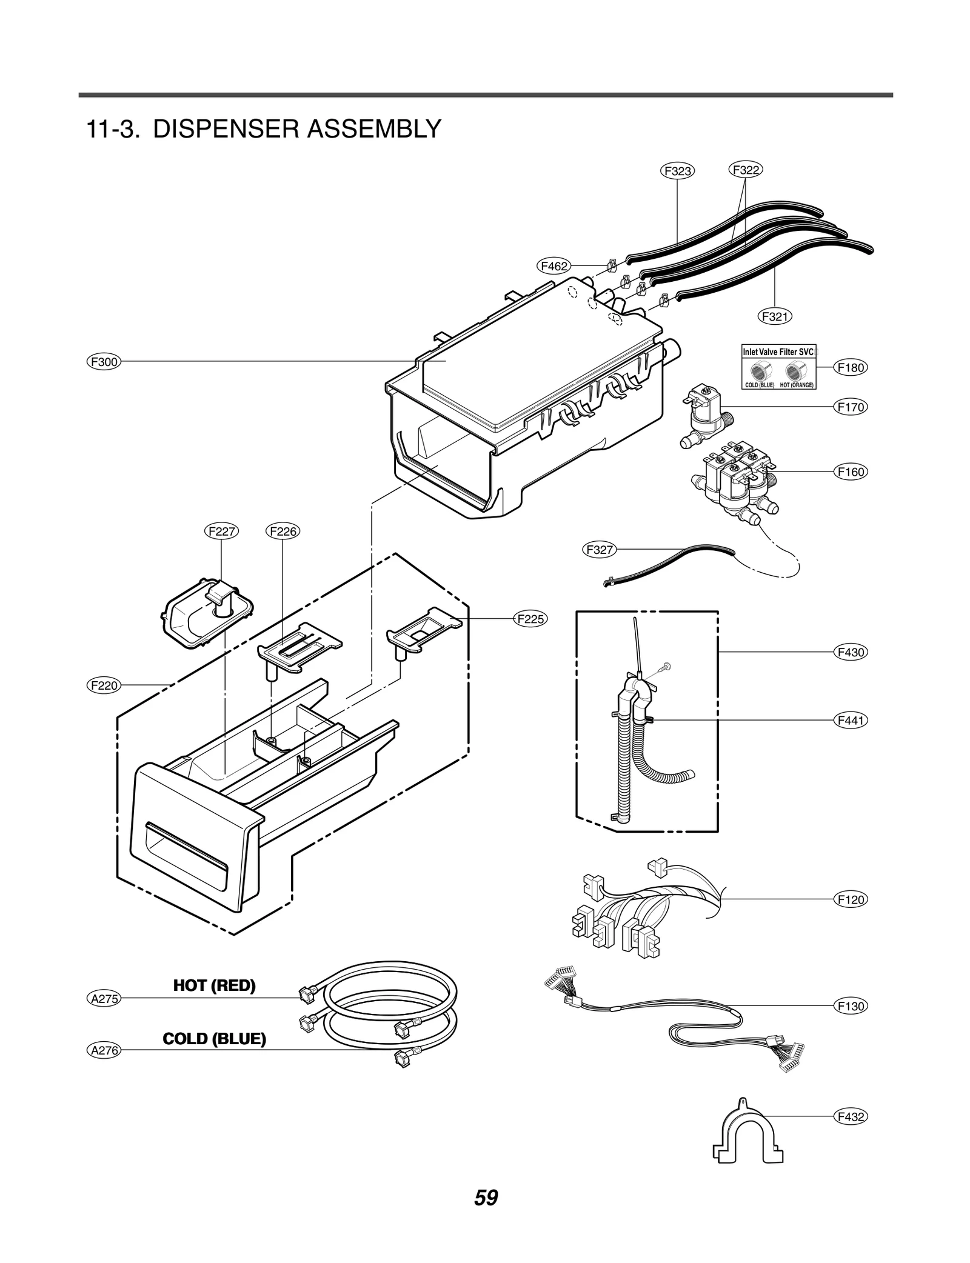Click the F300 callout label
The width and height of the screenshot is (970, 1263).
tap(104, 362)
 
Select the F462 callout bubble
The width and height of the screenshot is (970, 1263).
tap(554, 265)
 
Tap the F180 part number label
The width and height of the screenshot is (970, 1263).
tap(850, 367)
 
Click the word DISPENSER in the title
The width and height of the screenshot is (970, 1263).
tap(226, 129)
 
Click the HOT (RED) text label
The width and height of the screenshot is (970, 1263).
tap(214, 985)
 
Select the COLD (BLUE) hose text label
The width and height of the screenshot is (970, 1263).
tap(214, 1039)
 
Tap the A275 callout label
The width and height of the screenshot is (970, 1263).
tap(104, 998)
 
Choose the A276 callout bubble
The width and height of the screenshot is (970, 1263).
tap(104, 1050)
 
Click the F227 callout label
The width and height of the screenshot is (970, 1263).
tap(221, 532)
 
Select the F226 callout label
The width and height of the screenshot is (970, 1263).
tap(283, 532)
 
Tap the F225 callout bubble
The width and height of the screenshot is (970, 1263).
tap(530, 619)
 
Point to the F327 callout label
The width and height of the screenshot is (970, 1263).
tap(600, 550)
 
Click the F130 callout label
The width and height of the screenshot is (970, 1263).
tap(850, 1006)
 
